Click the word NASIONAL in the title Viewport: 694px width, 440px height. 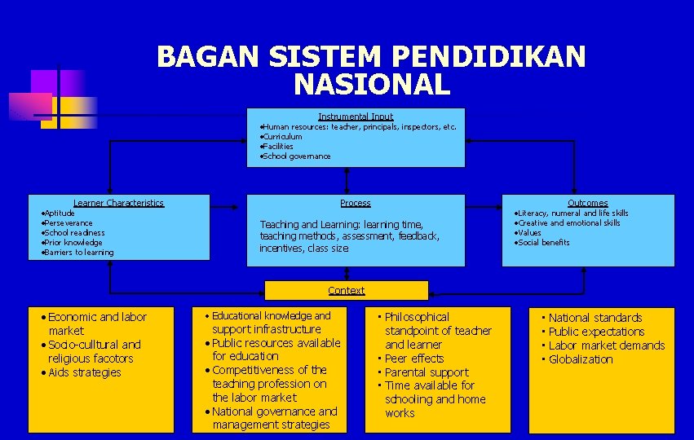pos(371,84)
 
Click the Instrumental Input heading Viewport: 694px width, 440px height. pos(356,117)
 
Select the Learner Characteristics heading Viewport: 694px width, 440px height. pos(118,203)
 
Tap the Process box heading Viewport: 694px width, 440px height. pos(356,203)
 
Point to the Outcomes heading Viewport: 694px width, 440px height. pos(587,203)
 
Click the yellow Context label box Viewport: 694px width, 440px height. pos(347,290)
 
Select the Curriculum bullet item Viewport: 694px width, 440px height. pos(282,137)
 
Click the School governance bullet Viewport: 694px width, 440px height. pos(296,156)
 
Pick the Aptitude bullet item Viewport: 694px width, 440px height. pos(59,213)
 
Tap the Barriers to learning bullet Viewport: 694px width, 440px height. pos(78,252)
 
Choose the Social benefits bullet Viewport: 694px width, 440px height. pos(543,242)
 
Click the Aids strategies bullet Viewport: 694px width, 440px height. pos(84,372)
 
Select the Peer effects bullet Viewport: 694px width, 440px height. pos(413,359)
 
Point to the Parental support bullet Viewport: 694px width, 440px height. pos(426,372)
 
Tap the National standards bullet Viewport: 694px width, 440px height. pos(595,318)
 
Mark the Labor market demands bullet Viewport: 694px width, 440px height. pos(606,345)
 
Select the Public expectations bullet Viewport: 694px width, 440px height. pos(595,332)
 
